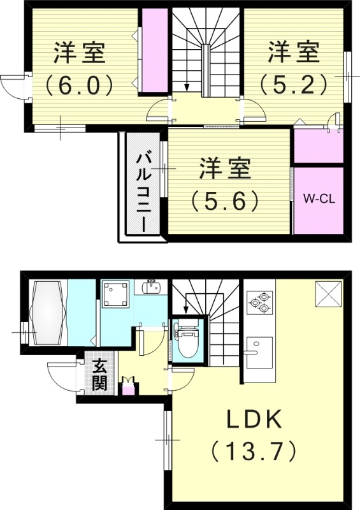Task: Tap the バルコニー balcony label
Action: click(143, 190)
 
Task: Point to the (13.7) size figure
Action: click(254, 452)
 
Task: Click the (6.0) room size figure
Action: click(79, 84)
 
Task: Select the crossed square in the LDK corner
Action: click(330, 293)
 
